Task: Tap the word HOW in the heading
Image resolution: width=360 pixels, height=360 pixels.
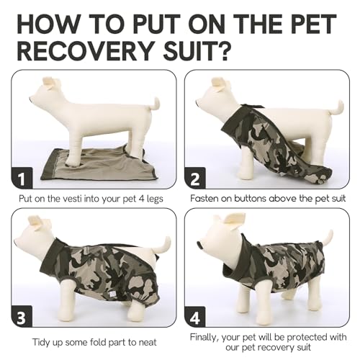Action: click(50, 19)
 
